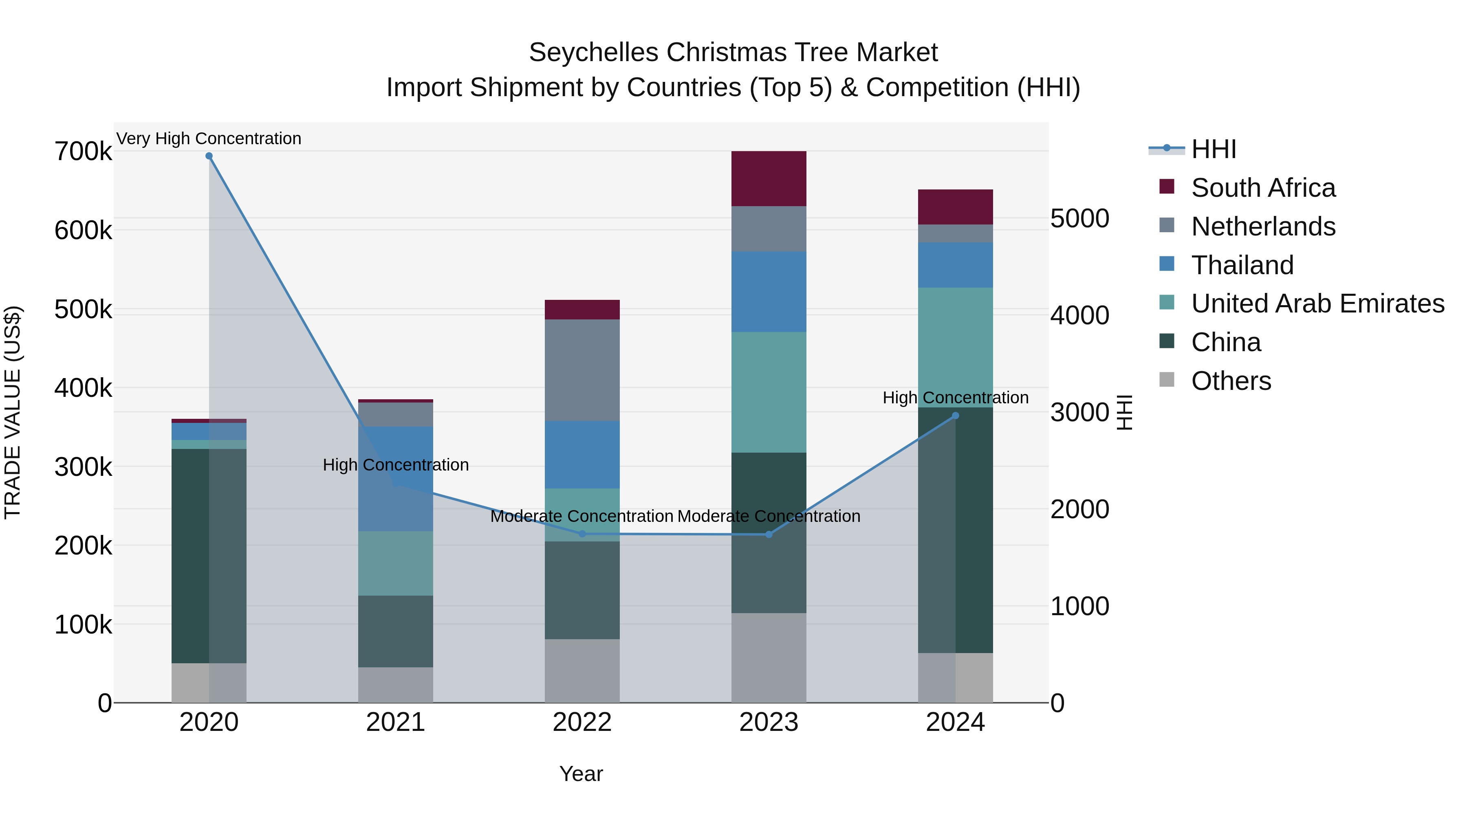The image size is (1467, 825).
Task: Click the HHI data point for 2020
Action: pos(209,156)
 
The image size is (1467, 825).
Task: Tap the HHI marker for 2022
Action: pos(582,534)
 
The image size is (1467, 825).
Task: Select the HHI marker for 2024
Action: pos(956,416)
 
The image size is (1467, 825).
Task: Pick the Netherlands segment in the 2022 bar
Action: pos(582,370)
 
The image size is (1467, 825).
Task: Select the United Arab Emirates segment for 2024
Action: pos(956,347)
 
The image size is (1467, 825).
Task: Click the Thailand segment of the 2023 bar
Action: pos(769,292)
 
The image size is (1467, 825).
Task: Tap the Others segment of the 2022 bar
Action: pos(582,671)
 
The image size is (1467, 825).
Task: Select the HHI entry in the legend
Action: pos(1213,149)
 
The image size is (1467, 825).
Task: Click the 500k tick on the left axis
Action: pos(83,310)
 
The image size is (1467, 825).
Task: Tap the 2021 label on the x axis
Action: pos(395,722)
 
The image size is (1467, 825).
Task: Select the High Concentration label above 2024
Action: pos(956,397)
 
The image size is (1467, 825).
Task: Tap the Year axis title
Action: pos(581,774)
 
